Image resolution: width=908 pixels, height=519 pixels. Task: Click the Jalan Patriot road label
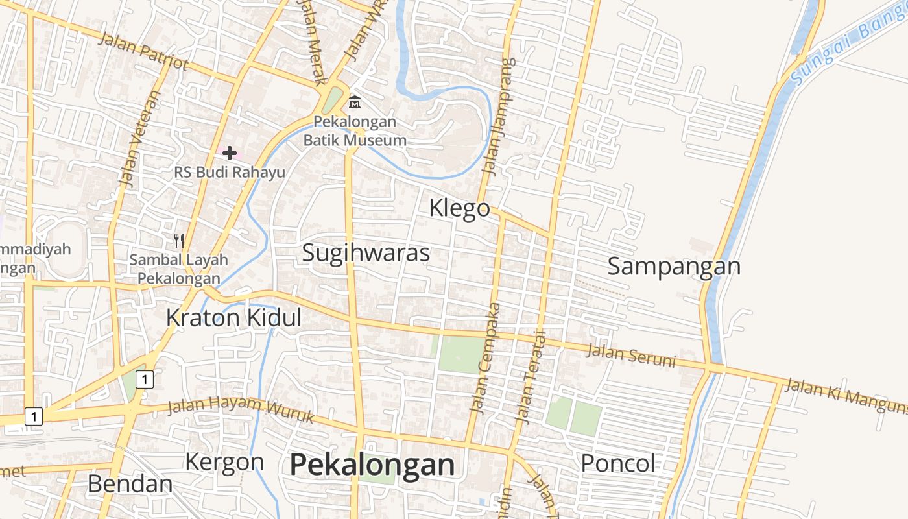click(143, 51)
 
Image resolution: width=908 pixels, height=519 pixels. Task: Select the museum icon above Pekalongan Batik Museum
click(355, 102)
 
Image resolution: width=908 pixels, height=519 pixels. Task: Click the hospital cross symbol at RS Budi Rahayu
click(230, 153)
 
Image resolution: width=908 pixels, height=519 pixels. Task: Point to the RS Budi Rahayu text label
click(230, 173)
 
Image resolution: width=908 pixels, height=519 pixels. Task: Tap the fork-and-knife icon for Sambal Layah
click(179, 241)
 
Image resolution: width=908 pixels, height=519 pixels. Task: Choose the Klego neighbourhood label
click(460, 208)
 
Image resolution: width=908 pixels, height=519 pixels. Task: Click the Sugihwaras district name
click(366, 253)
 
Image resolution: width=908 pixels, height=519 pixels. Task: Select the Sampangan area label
click(674, 267)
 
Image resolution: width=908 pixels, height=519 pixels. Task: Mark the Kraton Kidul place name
click(233, 319)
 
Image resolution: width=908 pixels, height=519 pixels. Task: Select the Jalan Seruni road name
click(631, 357)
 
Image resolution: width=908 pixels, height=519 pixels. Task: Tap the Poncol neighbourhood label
click(617, 464)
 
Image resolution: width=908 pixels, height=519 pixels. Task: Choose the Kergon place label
click(224, 463)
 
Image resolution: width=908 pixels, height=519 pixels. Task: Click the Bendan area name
click(130, 484)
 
